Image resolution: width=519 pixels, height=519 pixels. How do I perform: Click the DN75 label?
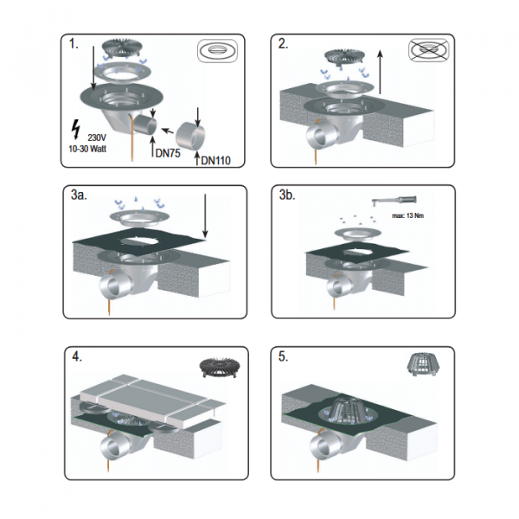[168, 153]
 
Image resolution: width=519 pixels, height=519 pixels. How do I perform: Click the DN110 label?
[215, 161]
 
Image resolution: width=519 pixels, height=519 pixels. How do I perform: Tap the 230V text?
[97, 138]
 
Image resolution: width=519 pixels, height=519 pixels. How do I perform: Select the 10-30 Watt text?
[87, 149]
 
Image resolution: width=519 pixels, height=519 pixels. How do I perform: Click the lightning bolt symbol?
[76, 129]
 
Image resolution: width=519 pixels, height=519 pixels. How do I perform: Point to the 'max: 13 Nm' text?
[407, 215]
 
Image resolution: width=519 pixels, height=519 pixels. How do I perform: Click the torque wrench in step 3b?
[394, 201]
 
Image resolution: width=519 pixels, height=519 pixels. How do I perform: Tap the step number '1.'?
[74, 44]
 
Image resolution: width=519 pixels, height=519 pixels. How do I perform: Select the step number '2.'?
[283, 44]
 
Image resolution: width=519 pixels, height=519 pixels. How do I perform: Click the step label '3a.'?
[79, 195]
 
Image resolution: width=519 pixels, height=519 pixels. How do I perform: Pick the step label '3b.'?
[287, 195]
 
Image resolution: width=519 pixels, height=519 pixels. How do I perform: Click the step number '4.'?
[77, 356]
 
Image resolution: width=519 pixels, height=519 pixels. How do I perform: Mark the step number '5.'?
[284, 356]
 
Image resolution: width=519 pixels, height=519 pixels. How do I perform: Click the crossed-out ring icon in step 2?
[429, 50]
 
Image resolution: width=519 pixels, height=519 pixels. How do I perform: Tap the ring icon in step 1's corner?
[217, 51]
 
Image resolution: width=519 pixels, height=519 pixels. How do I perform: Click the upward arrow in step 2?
[381, 72]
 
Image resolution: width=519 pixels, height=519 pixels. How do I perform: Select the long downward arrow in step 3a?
[205, 216]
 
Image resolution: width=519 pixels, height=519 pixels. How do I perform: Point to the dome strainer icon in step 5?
[420, 364]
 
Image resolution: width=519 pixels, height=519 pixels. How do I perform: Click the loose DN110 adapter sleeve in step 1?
[190, 136]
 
